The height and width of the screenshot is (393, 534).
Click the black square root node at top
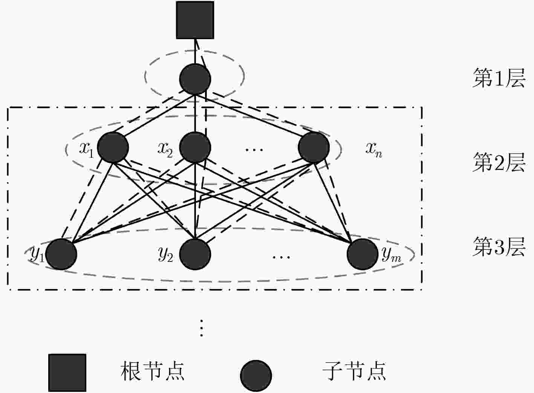click(x=195, y=20)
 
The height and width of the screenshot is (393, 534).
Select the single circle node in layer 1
click(x=195, y=79)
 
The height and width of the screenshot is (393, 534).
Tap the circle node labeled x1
click(x=113, y=148)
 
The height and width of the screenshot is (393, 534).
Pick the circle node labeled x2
click(x=195, y=148)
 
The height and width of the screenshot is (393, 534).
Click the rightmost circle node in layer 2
click(x=314, y=148)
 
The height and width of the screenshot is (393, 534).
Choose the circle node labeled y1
click(x=61, y=254)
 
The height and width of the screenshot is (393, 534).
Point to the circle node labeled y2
click(x=195, y=254)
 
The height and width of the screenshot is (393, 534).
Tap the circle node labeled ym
click(x=363, y=254)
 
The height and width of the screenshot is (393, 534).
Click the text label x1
click(x=87, y=150)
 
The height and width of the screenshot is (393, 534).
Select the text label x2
click(x=165, y=150)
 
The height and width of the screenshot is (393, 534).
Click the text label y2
click(x=165, y=255)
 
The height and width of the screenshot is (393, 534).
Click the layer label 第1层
click(x=499, y=78)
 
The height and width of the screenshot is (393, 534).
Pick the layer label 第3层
click(x=499, y=246)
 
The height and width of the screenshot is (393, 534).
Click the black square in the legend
click(x=67, y=373)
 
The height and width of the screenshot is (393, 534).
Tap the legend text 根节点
click(x=152, y=372)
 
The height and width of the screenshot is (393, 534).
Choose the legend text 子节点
click(x=354, y=372)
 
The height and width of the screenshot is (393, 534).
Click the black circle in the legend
click(x=256, y=376)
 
